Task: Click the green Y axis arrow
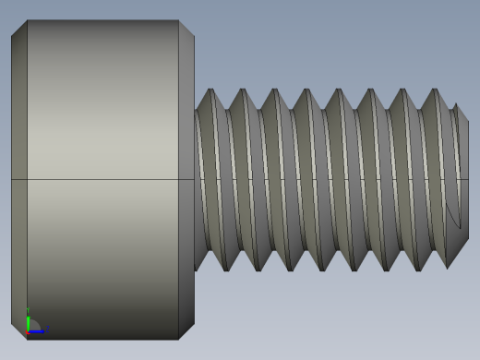click(x=28, y=321)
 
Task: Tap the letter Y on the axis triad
click(x=27, y=310)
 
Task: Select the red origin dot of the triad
click(x=29, y=330)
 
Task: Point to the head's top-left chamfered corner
click(x=18, y=27)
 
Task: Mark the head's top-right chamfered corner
click(x=187, y=28)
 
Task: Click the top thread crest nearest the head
click(x=211, y=90)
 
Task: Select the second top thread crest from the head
click(x=243, y=90)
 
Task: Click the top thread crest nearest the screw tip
click(x=434, y=90)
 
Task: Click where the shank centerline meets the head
click(x=195, y=179)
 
